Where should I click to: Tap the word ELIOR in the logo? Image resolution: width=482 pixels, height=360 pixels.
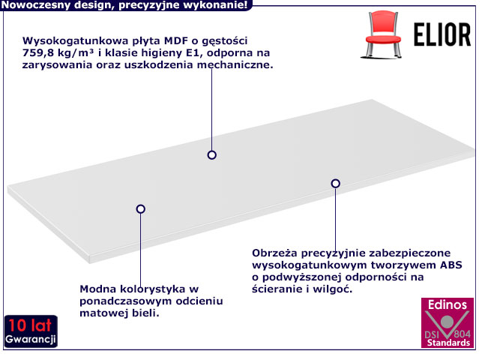(443, 34)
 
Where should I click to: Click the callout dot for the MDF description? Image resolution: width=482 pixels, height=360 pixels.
(212, 155)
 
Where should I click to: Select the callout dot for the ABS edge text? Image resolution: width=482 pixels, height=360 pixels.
(336, 183)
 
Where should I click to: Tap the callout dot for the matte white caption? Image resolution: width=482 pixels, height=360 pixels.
(140, 209)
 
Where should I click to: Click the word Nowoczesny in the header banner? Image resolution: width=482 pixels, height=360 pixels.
(34, 5)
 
